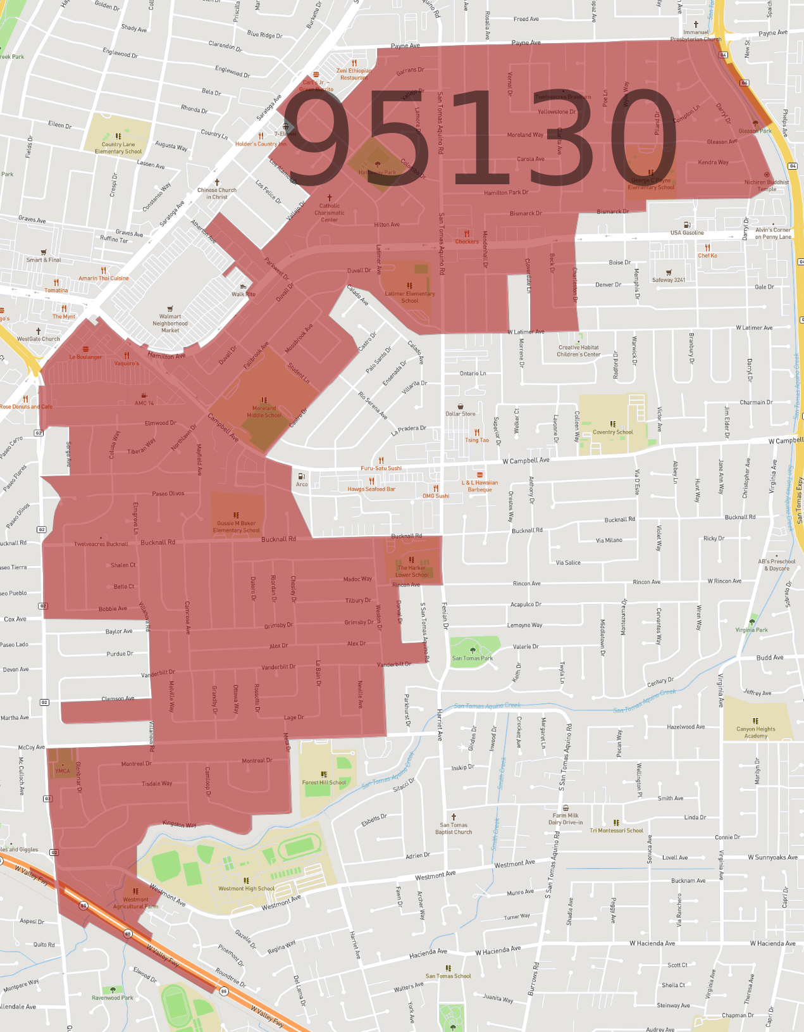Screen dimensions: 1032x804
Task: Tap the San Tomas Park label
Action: [472, 658]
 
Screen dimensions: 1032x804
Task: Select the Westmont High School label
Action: [246, 888]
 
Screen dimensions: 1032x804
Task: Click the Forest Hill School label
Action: [324, 782]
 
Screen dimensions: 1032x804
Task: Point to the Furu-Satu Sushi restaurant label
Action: [381, 468]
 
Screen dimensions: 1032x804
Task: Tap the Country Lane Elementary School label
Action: [118, 148]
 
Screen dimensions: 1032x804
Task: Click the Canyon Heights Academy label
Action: [755, 733]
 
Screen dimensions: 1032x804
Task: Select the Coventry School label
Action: [612, 432]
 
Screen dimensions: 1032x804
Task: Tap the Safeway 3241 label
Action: [669, 279]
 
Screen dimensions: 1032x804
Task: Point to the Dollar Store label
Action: [460, 413]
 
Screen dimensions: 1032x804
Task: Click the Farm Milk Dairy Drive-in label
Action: [566, 819]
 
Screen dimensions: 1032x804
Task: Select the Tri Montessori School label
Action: [616, 830]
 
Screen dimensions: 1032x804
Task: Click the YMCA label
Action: [63, 771]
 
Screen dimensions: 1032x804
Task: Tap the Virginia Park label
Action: [751, 629]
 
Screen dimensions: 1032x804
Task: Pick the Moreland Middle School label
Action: [264, 412]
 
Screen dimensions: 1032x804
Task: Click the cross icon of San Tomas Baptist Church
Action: [454, 817]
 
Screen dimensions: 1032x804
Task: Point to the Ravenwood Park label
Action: [113, 997]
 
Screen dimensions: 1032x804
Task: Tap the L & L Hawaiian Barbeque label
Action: [479, 486]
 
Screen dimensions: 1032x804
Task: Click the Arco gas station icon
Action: [302, 476]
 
